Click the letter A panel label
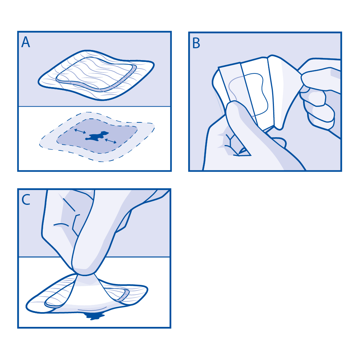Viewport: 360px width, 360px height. point(26,42)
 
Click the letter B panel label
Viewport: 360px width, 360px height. point(196,43)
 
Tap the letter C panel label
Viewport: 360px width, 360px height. point(26,200)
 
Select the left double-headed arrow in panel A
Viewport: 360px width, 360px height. point(80,131)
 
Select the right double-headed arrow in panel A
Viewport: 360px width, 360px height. point(111,141)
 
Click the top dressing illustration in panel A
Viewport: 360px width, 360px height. point(96,75)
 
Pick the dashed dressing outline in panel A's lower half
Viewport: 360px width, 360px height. point(97,137)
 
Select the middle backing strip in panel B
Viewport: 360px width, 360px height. point(257,92)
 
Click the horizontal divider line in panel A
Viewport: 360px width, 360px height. point(94,107)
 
